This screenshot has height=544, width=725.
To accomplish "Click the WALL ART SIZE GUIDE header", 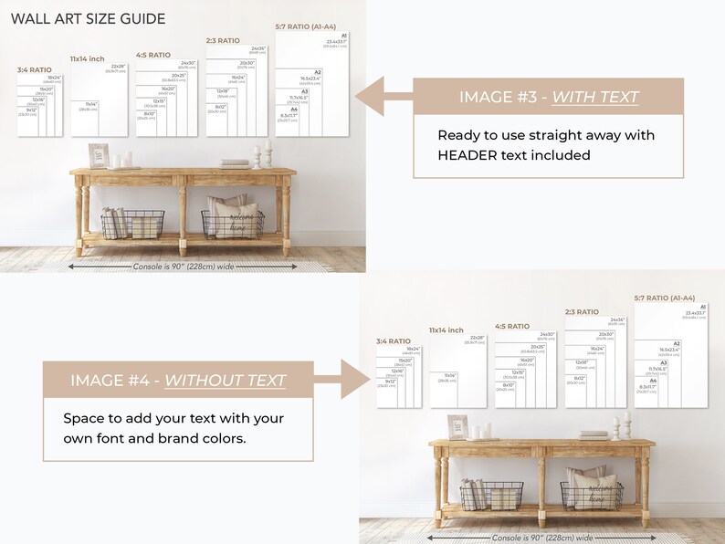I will coord(89,18).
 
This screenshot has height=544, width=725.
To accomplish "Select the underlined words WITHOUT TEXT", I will coord(225,380).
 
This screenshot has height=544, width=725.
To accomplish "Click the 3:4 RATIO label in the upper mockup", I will coord(35,69).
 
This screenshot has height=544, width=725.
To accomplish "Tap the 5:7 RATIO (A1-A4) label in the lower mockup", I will coord(665,298).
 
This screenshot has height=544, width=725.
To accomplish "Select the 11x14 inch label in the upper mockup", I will coord(88,58).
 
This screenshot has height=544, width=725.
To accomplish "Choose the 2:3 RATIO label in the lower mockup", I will coord(582,312).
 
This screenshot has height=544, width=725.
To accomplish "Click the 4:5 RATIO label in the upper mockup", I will coord(153,55).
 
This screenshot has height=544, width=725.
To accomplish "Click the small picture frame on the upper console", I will coord(99,155).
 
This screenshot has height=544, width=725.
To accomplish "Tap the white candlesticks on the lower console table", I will coord(621,427).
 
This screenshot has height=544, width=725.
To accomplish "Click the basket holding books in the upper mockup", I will coord(132,224).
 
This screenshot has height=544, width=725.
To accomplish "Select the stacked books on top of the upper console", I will coord(235,163).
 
